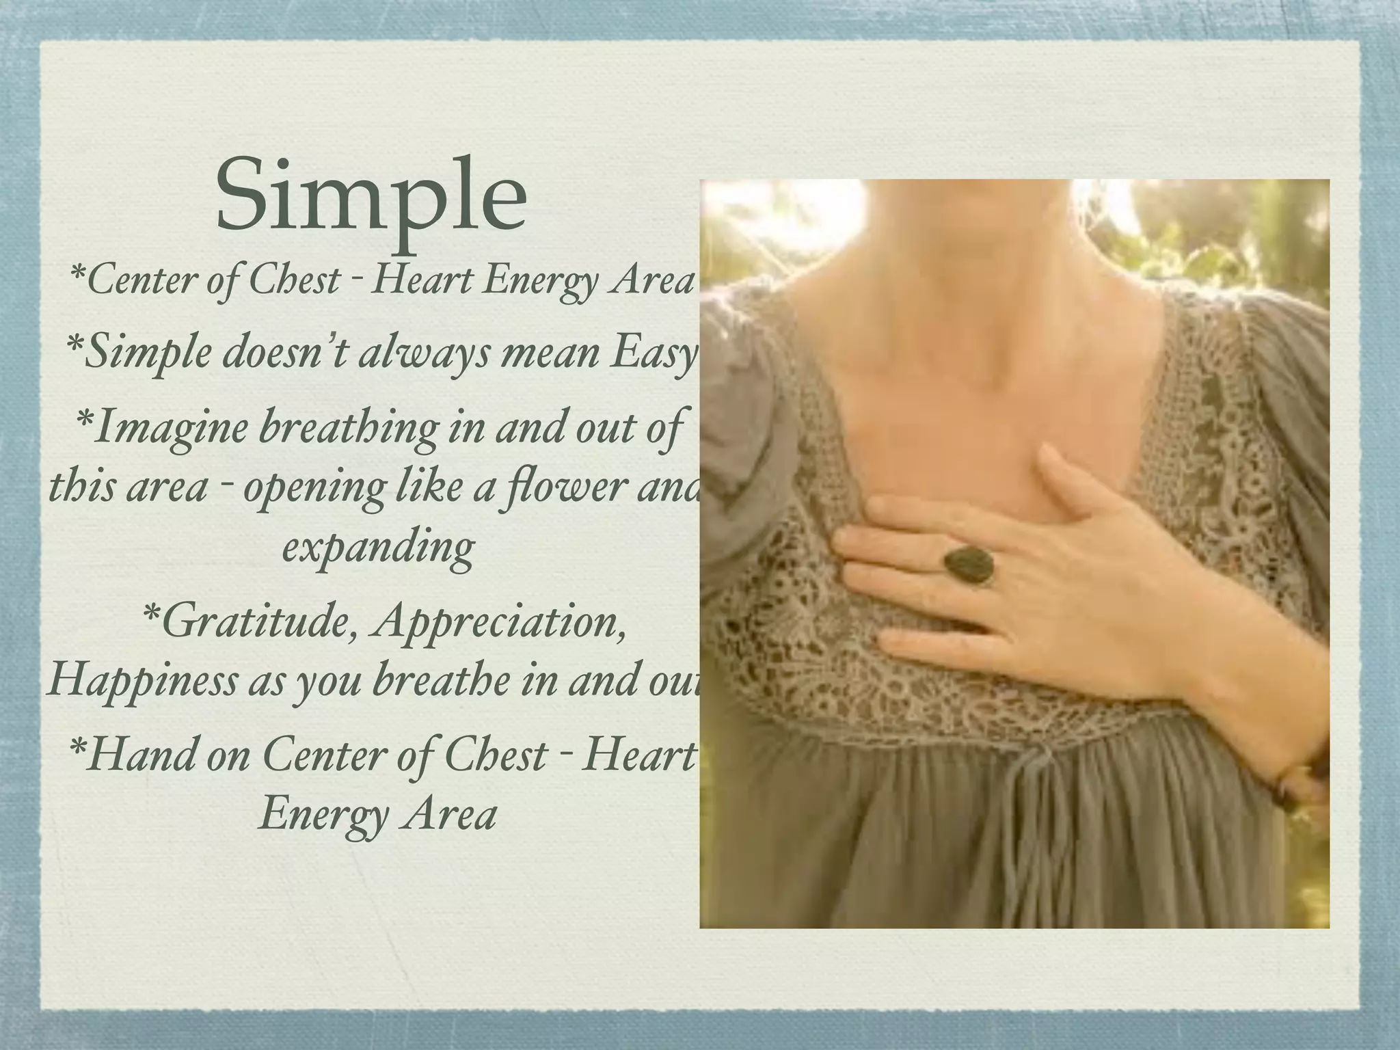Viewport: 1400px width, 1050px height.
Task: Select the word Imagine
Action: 164,427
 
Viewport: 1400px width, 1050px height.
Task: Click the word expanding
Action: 378,548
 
